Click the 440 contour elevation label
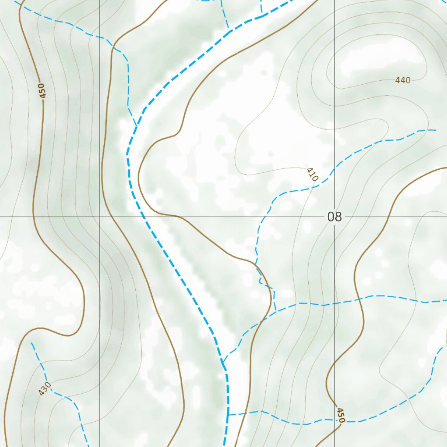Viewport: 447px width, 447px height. click(402, 80)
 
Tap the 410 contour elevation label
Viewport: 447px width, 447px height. click(312, 175)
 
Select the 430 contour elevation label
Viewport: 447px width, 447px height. click(45, 389)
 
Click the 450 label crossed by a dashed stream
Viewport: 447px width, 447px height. click(341, 415)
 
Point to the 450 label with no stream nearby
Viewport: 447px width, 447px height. click(41, 90)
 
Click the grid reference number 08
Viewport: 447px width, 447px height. click(334, 217)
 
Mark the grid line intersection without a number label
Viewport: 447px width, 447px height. click(100, 217)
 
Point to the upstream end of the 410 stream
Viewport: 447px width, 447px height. click(436, 130)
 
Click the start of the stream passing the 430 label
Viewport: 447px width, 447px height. click(31, 343)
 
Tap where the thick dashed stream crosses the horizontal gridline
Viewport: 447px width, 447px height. click(141, 217)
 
